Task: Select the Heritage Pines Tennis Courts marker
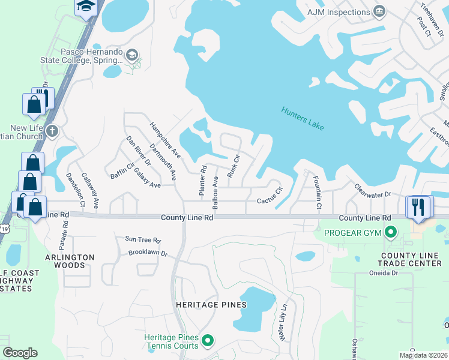(x=208, y=341)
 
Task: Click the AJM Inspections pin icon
(x=379, y=12)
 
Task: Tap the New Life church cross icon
(x=52, y=131)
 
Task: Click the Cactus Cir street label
(x=270, y=196)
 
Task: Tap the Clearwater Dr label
(x=372, y=190)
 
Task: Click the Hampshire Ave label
(x=161, y=140)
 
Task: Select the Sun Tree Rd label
(x=143, y=240)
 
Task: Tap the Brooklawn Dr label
(x=148, y=253)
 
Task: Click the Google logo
(x=20, y=353)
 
